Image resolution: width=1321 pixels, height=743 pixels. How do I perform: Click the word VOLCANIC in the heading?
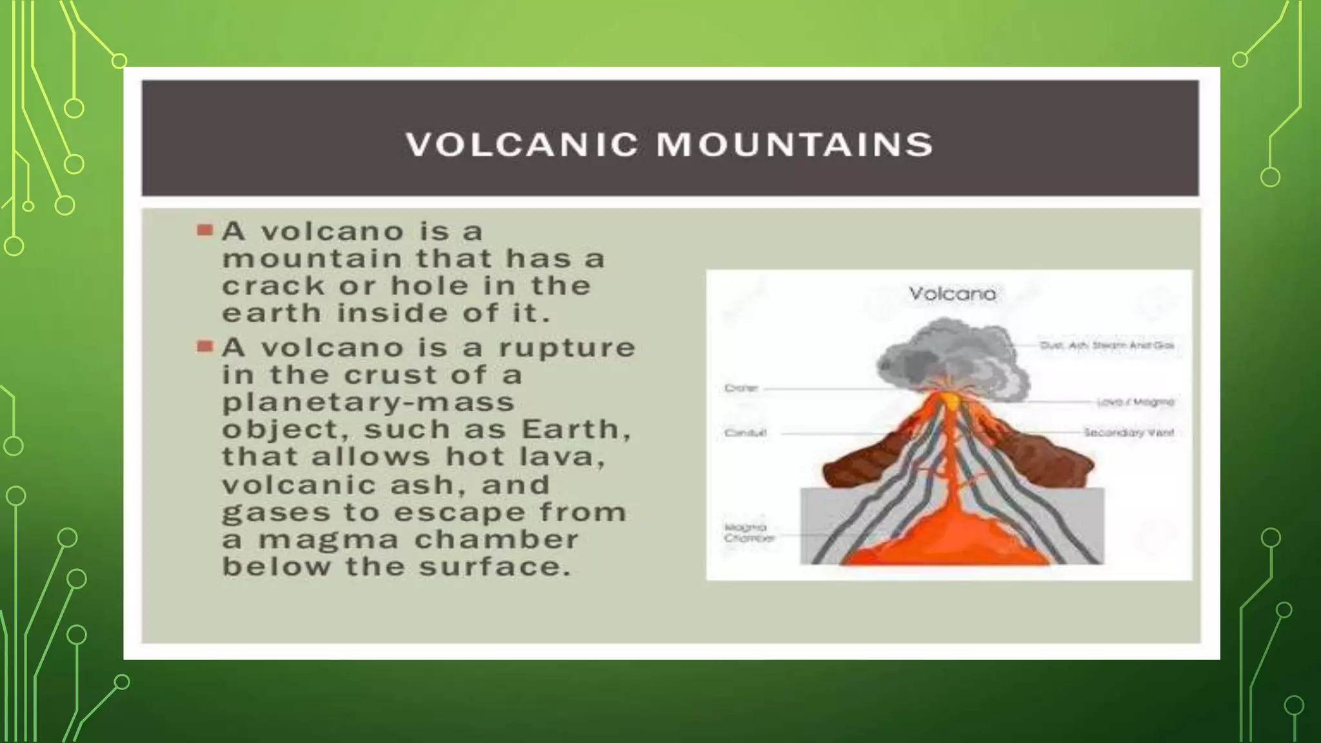(x=522, y=144)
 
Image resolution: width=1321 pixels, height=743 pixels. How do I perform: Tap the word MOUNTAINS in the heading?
(x=795, y=144)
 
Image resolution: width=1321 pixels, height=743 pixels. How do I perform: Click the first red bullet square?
(x=204, y=230)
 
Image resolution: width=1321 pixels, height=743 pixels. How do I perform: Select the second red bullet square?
(x=204, y=346)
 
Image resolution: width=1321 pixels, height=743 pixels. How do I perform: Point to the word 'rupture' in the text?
(x=567, y=348)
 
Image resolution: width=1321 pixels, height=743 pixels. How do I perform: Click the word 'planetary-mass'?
(x=368, y=402)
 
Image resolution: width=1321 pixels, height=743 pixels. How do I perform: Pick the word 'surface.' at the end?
(x=495, y=568)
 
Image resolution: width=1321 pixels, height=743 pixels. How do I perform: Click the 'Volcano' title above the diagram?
(x=952, y=294)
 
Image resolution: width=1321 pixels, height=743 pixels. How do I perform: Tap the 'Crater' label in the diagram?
(x=741, y=388)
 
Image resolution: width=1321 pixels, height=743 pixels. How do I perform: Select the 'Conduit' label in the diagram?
(x=745, y=433)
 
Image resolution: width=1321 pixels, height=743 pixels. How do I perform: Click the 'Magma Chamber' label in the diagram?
(x=748, y=533)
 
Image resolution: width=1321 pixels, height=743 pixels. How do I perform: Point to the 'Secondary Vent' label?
(x=1129, y=433)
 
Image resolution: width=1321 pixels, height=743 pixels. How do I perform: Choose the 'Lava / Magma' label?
(x=1135, y=402)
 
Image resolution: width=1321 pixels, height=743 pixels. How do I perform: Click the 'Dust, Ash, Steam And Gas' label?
(x=1106, y=346)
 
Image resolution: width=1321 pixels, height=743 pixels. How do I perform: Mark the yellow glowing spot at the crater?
(x=951, y=401)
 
